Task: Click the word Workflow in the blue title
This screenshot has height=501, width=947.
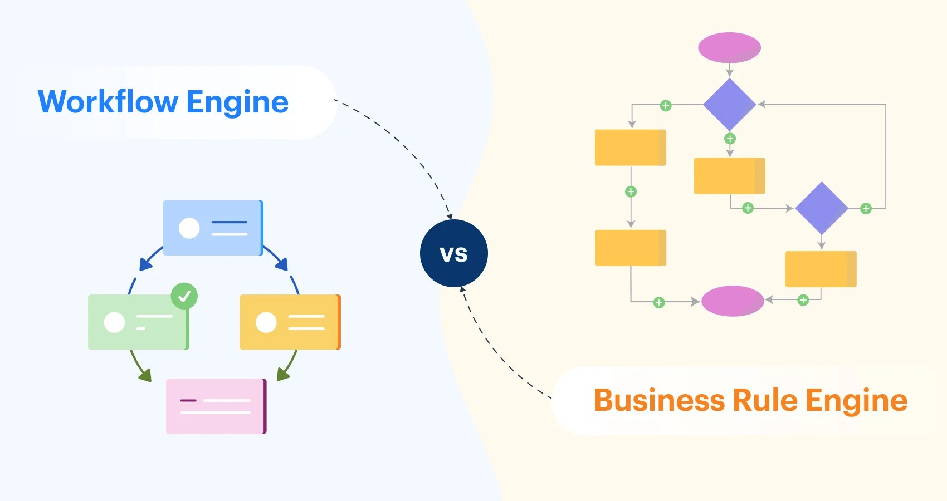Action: pos(108,102)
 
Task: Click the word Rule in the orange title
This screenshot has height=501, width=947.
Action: pos(765,400)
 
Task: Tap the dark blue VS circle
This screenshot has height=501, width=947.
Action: pos(453,253)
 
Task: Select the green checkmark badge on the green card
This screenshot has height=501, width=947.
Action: pos(184,296)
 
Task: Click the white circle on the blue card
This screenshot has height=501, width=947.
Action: pos(189,228)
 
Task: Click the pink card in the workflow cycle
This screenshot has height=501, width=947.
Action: pos(216,406)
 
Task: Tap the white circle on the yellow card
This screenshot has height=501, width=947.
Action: pos(266,322)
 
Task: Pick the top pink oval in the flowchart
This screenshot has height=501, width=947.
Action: pos(729,47)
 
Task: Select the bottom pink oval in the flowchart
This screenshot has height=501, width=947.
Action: pos(733,301)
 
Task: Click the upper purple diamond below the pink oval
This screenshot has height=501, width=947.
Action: pos(729,105)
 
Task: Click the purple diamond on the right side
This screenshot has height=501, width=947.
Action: pos(821,208)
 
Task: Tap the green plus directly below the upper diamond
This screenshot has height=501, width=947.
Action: pos(730,139)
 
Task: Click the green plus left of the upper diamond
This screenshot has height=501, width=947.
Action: pos(665,106)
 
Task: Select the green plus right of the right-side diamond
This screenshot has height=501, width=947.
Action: pos(866,209)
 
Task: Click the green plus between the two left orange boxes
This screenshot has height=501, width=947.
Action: pos(631,191)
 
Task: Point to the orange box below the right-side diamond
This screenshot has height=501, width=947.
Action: pos(821,269)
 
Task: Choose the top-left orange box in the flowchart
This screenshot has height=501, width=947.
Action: pos(630,148)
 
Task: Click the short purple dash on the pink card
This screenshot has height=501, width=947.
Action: pos(188,400)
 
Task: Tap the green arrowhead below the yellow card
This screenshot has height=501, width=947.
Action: pos(283,375)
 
